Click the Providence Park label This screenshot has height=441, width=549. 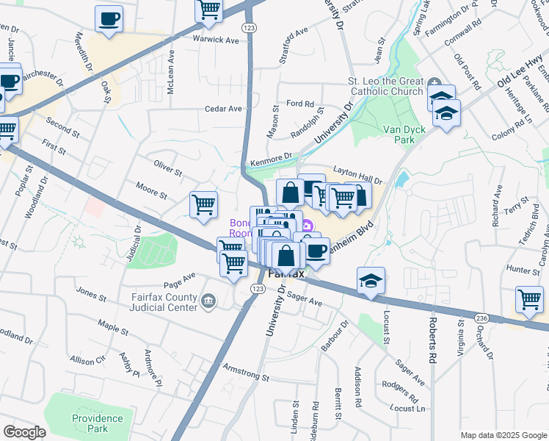tap(98, 423)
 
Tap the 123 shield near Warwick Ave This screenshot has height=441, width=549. tap(250, 27)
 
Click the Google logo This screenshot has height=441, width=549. tap(24, 432)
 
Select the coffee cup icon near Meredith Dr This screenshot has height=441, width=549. tap(109, 18)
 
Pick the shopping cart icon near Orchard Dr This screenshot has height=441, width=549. tap(529, 300)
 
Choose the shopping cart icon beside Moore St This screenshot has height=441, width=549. tap(203, 204)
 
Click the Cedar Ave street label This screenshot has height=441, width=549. tap(223, 109)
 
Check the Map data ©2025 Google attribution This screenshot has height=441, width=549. tap(503, 435)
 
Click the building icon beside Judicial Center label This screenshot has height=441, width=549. tap(208, 300)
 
